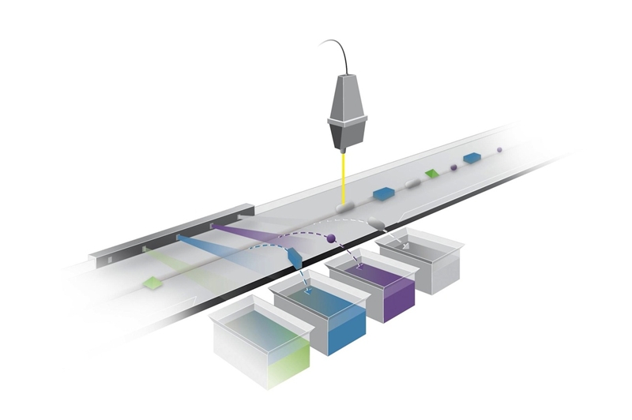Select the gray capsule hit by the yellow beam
[346, 207]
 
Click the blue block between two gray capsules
[384, 192]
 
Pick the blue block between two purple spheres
[472, 158]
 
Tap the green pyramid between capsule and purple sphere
[431, 172]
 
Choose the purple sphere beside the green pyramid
[453, 167]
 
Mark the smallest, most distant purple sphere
[499, 148]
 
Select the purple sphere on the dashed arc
[332, 238]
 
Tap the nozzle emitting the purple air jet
[212, 226]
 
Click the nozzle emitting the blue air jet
[178, 236]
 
